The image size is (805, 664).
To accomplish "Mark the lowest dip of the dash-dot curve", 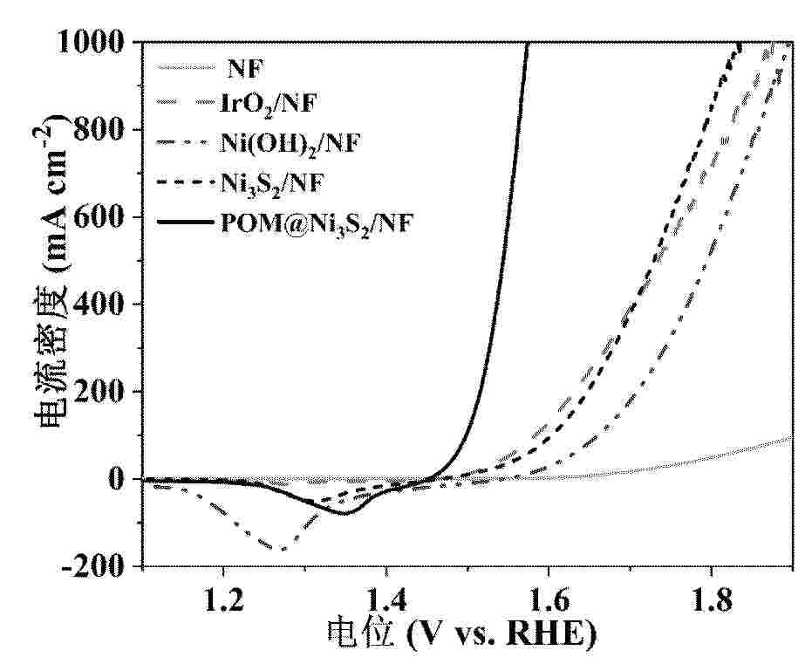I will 282,549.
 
